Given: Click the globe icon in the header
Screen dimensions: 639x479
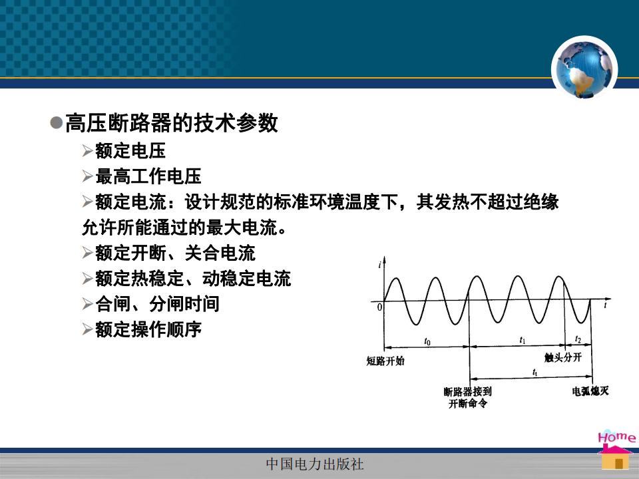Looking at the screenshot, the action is [584, 69].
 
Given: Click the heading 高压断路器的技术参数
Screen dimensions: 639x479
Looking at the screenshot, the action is [172, 122].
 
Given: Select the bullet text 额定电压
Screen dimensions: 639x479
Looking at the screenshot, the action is [130, 151].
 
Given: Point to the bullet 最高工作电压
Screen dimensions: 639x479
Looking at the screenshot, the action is [148, 176].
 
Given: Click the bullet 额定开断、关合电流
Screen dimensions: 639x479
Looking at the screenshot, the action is [175, 253].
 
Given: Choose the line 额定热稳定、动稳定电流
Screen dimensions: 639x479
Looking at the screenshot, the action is [193, 279].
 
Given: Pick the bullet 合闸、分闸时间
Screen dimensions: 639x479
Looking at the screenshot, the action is [157, 304].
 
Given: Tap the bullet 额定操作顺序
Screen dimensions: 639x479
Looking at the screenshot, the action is [148, 329].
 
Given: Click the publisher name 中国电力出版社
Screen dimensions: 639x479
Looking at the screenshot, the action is [315, 464].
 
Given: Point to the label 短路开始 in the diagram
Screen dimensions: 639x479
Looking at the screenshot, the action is [385, 361].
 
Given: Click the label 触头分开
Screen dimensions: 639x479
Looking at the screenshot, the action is [563, 357].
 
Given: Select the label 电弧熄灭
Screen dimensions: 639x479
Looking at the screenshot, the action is [590, 391].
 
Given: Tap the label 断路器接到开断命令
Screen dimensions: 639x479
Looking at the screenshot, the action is [468, 398].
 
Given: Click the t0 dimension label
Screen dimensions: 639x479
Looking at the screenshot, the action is [427, 341].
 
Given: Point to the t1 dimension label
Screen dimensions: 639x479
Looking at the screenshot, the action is [523, 340].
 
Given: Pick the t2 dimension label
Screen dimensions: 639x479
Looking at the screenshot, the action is [578, 339].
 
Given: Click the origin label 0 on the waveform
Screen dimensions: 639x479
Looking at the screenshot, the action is [379, 307].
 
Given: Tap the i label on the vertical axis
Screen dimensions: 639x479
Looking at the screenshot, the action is [379, 265].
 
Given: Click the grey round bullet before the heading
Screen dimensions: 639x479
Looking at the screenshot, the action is [56, 122].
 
